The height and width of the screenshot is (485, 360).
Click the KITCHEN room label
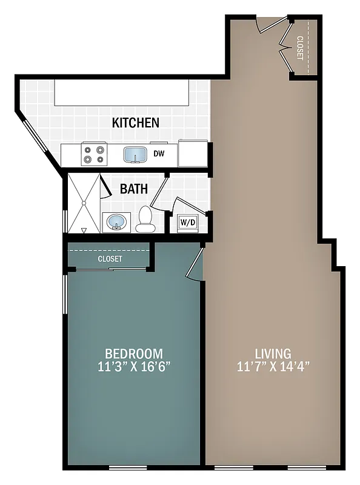point(136,122)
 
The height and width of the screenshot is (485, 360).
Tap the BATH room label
point(134,189)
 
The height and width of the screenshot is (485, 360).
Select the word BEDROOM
point(134,353)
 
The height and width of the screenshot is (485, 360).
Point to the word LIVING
point(273,353)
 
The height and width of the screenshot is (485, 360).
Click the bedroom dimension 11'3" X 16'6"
point(134,367)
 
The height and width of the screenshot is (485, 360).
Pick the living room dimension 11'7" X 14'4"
point(273,367)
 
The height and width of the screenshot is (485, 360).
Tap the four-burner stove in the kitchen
point(94,153)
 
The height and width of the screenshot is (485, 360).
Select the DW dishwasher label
point(159,154)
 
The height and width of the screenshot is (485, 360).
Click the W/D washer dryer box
point(188,223)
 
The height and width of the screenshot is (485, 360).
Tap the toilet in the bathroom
point(145,220)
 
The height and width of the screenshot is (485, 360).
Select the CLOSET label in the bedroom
point(110,259)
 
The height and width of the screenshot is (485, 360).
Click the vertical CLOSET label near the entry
point(300,48)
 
